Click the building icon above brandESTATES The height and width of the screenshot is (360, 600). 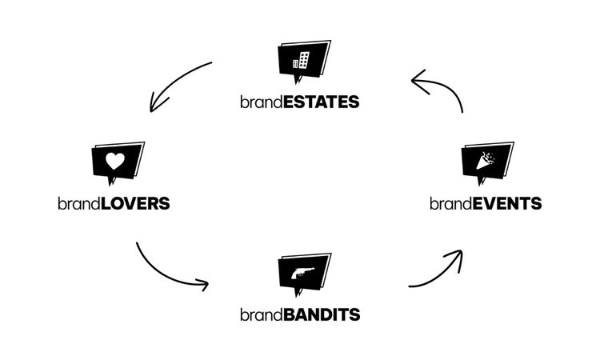(301, 59)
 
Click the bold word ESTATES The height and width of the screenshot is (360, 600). (320, 102)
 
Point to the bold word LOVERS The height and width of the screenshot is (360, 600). (136, 203)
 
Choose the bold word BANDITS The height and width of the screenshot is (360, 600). (322, 314)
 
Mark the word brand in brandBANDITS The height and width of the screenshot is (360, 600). (261, 314)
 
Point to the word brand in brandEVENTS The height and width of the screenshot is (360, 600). (450, 203)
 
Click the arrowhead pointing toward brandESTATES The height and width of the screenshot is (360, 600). (416, 78)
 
